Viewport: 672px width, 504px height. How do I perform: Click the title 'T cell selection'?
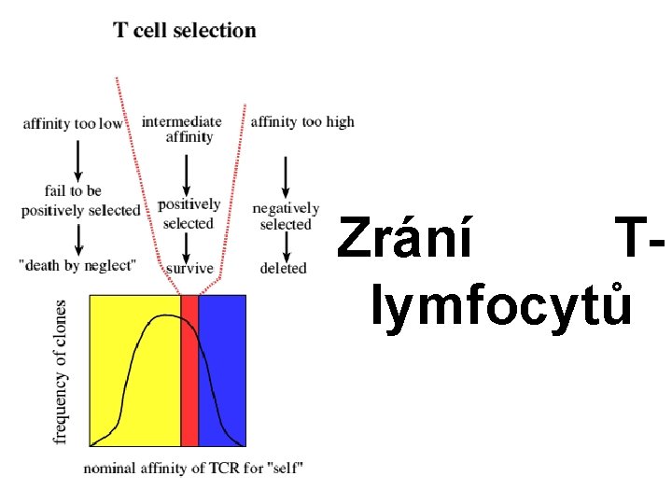point(185,30)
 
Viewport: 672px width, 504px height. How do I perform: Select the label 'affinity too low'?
point(73,124)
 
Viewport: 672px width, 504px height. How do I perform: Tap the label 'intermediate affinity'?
point(182,129)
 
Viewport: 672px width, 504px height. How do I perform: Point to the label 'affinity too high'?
point(302,121)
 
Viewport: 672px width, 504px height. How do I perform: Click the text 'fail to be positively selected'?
point(79,201)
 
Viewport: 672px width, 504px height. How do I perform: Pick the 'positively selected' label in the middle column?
point(189,214)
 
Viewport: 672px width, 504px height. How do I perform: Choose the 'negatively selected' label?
point(286,216)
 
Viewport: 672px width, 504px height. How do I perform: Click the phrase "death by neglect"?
point(77,265)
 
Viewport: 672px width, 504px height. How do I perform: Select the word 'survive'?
point(189,269)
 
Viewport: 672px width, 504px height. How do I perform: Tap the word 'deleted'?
point(283,268)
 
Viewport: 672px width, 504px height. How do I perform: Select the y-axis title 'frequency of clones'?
point(62,371)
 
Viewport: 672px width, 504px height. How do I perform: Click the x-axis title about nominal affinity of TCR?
point(193,468)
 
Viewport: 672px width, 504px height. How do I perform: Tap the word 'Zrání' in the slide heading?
point(406,238)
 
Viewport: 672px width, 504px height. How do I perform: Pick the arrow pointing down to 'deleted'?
point(286,245)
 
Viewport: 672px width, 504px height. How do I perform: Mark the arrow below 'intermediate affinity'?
point(187,171)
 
